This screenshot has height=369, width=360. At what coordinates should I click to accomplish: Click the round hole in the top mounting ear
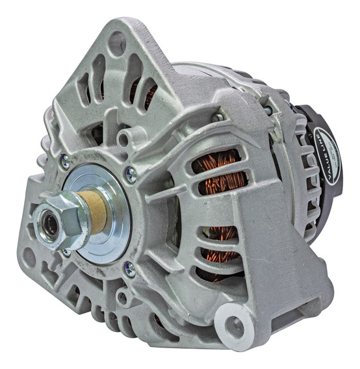point(118,44)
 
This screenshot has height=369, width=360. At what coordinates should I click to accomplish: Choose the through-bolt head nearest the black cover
point(268,110)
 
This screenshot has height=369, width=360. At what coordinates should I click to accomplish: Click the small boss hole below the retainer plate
point(122,298)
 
